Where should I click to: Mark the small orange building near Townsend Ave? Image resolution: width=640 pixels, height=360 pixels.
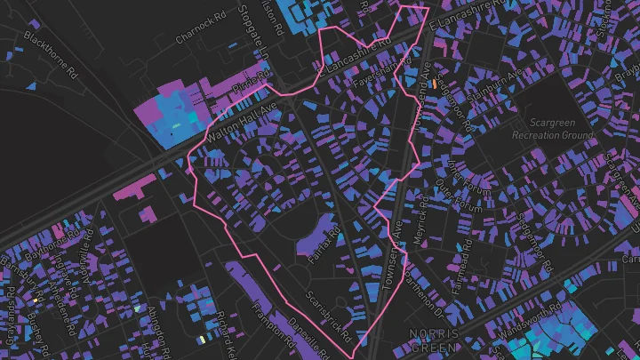[x=435, y=83]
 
